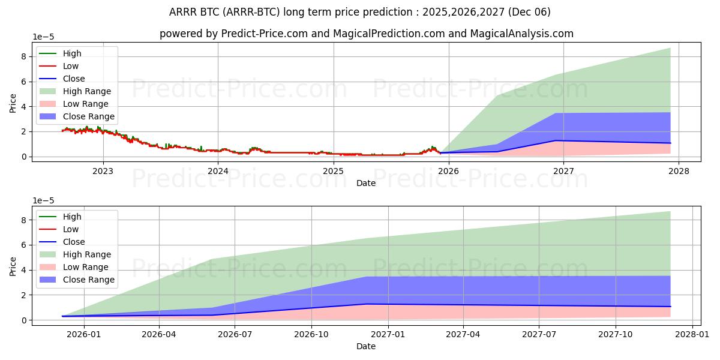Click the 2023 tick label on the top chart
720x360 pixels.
[103, 170]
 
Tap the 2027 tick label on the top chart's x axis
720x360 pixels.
[563, 170]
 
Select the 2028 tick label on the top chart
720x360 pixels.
[679, 170]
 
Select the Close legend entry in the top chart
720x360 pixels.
[74, 79]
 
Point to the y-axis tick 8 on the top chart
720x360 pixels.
[23, 56]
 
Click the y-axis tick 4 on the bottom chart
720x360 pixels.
[23, 270]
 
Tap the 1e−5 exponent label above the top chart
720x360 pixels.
[43, 37]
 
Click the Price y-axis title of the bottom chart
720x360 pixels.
[13, 265]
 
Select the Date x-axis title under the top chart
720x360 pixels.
[366, 182]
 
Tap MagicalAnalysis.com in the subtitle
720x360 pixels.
[527, 34]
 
